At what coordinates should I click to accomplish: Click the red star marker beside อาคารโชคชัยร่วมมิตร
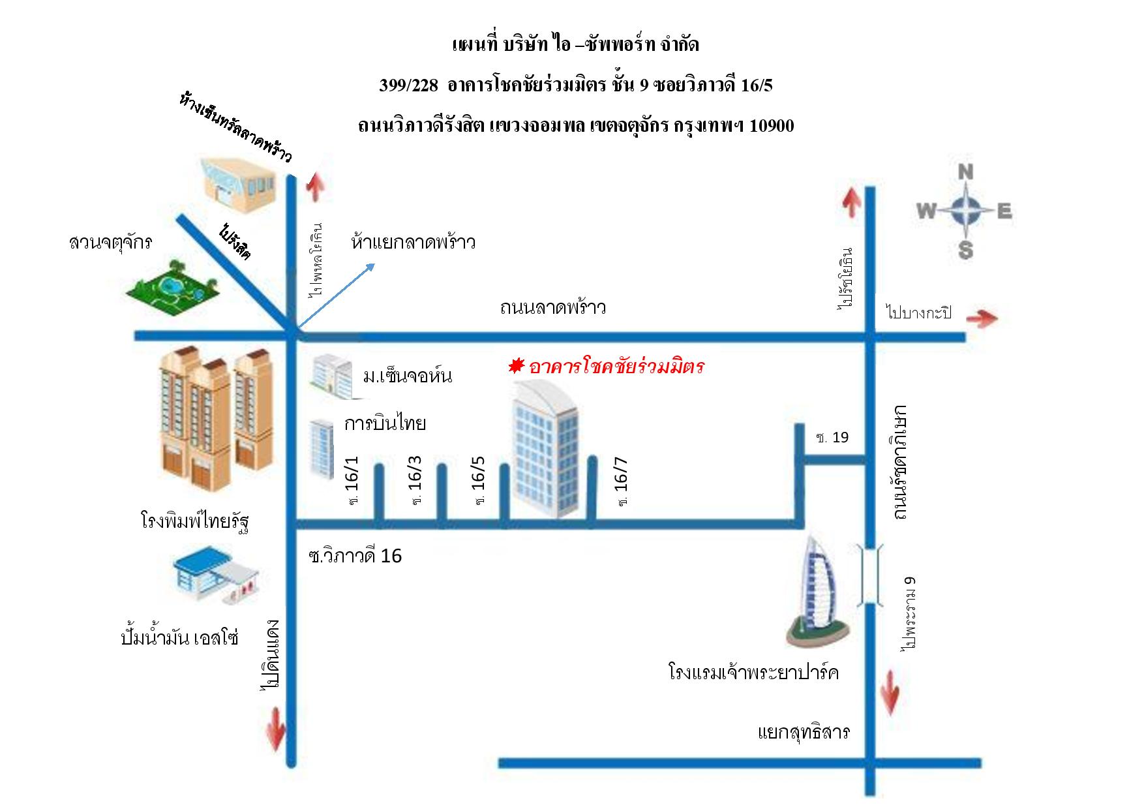tap(517, 366)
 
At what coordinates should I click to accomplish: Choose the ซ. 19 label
tap(832, 437)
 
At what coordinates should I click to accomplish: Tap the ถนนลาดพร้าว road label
tap(553, 307)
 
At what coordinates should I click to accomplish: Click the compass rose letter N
tap(966, 172)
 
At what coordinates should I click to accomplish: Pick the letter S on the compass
tap(966, 250)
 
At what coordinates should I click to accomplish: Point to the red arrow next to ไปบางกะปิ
tap(982, 318)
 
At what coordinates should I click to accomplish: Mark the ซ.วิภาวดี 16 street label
tap(355, 556)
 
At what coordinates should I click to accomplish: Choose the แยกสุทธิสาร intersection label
tap(804, 731)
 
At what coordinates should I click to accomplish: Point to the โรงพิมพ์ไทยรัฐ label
tap(195, 521)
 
